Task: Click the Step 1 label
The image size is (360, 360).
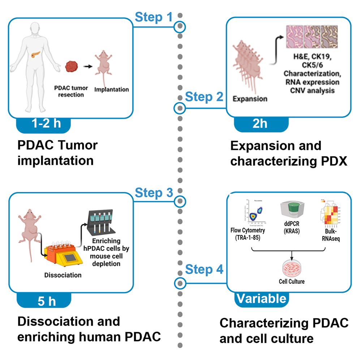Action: (154, 17)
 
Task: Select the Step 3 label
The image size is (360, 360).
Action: (154, 193)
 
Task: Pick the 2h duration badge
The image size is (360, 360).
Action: (260, 124)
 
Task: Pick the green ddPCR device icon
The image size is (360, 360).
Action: (291, 213)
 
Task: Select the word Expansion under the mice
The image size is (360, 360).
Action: (250, 98)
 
